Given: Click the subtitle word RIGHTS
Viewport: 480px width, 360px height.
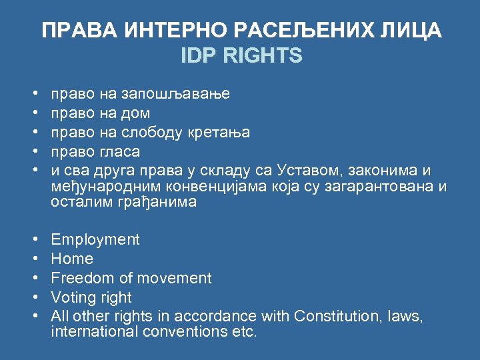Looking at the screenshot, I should (x=263, y=55).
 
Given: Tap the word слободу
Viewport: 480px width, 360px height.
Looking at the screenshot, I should (x=151, y=133).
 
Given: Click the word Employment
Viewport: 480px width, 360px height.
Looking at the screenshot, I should (x=95, y=240).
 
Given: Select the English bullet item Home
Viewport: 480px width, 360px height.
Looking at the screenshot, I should (x=72, y=259).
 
